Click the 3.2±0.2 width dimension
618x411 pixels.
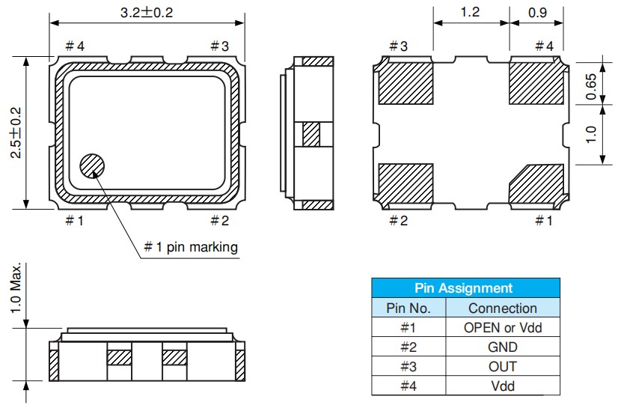coord(147,13)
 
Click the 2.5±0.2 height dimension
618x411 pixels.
coord(15,133)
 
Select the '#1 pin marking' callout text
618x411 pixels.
coord(191,247)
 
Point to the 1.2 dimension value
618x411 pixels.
coord(471,13)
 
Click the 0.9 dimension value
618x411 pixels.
coord(536,13)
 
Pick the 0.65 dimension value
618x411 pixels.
coord(591,86)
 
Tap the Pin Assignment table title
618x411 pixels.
coord(465,288)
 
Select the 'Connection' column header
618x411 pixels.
coord(502,308)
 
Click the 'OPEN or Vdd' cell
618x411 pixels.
coord(502,327)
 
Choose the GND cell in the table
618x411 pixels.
coord(502,347)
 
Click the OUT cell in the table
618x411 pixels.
coord(502,366)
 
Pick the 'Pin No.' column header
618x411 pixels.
coord(409,308)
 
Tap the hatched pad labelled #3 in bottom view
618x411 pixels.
coord(406,82)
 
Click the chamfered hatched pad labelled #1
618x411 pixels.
coord(536,183)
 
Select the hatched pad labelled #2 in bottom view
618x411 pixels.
coord(406,183)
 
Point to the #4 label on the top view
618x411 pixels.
coord(74,46)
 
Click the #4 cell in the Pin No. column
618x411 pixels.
coord(409,386)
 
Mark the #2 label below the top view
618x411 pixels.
coord(218,220)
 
